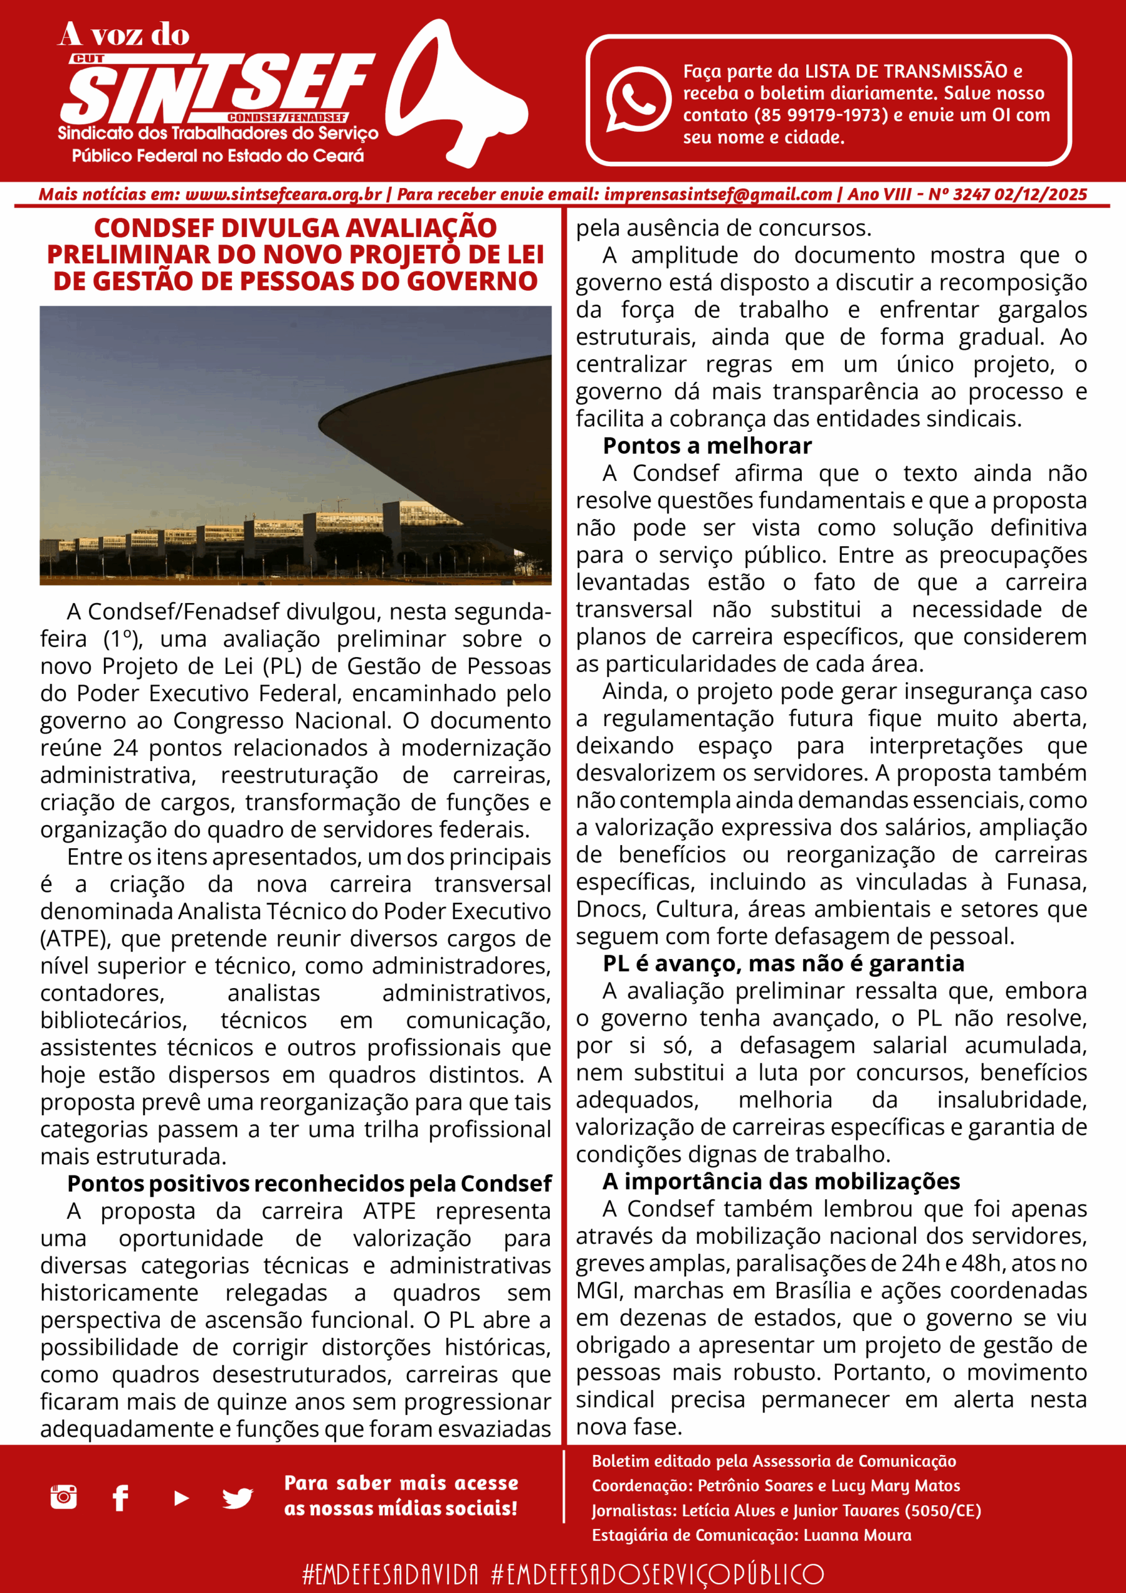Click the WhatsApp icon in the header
(638, 98)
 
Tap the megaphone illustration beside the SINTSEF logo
(454, 94)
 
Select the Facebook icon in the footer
(121, 1497)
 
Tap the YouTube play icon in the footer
(181, 1498)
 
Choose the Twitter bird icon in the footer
(237, 1498)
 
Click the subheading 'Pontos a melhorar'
(707, 446)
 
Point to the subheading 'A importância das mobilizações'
(781, 1181)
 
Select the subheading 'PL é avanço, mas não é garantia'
(783, 964)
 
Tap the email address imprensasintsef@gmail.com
(717, 195)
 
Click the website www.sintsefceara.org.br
(283, 195)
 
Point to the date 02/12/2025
(1040, 195)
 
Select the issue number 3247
(971, 195)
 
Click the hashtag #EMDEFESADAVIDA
(390, 1574)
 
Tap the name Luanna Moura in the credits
(857, 1535)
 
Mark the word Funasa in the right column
(1046, 882)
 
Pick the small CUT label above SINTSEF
(88, 59)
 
